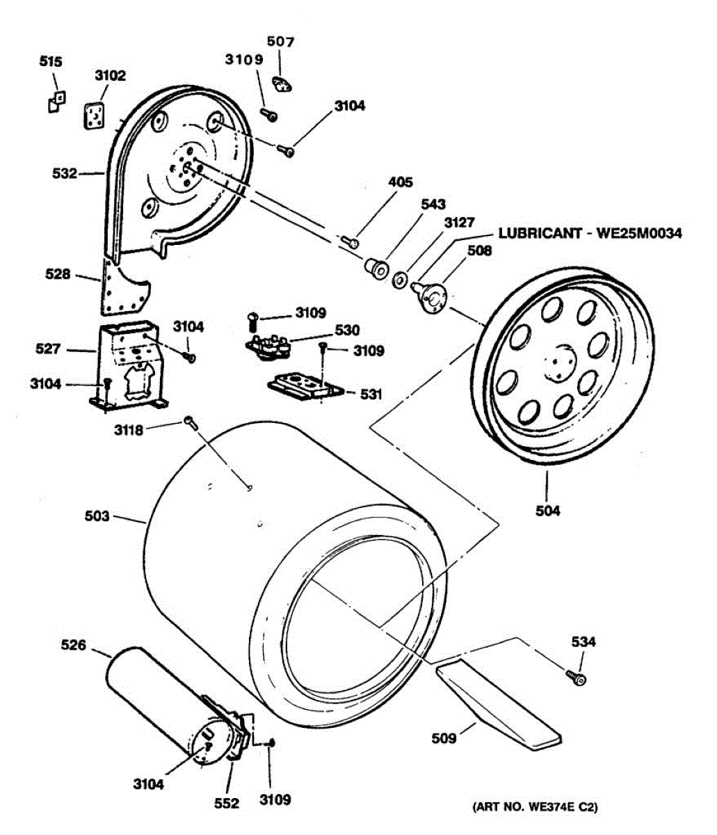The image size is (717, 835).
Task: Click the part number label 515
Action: tap(50, 62)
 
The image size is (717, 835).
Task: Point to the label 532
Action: tap(65, 173)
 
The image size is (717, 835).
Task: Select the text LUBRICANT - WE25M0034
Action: tap(590, 233)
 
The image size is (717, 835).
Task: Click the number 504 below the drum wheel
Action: tap(548, 511)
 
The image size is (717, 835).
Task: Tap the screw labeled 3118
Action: tap(189, 421)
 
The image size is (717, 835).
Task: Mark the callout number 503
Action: tap(97, 516)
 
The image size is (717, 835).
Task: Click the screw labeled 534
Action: tap(577, 676)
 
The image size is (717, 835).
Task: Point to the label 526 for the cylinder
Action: tap(73, 645)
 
